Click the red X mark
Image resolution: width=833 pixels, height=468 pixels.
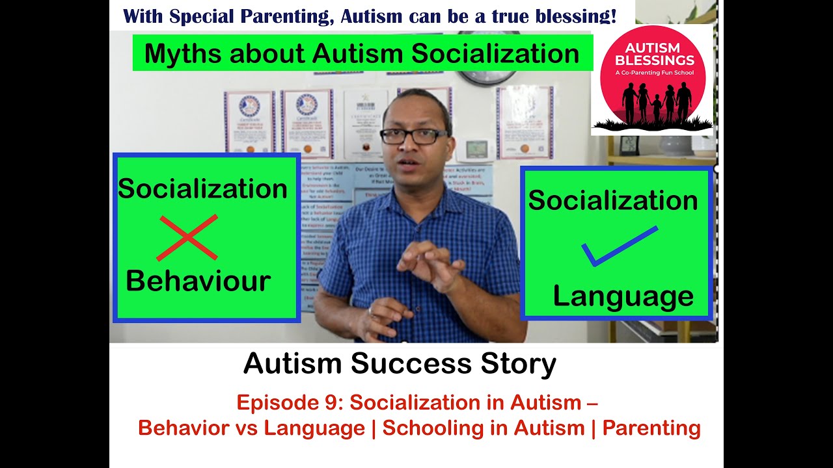(x=187, y=237)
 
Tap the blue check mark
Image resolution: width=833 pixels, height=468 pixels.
(x=618, y=246)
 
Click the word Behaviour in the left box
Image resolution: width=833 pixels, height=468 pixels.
(x=198, y=281)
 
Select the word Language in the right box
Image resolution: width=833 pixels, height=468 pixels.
(x=623, y=296)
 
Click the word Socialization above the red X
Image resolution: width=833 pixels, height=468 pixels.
(x=202, y=188)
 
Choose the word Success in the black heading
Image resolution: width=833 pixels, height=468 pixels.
(x=408, y=364)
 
